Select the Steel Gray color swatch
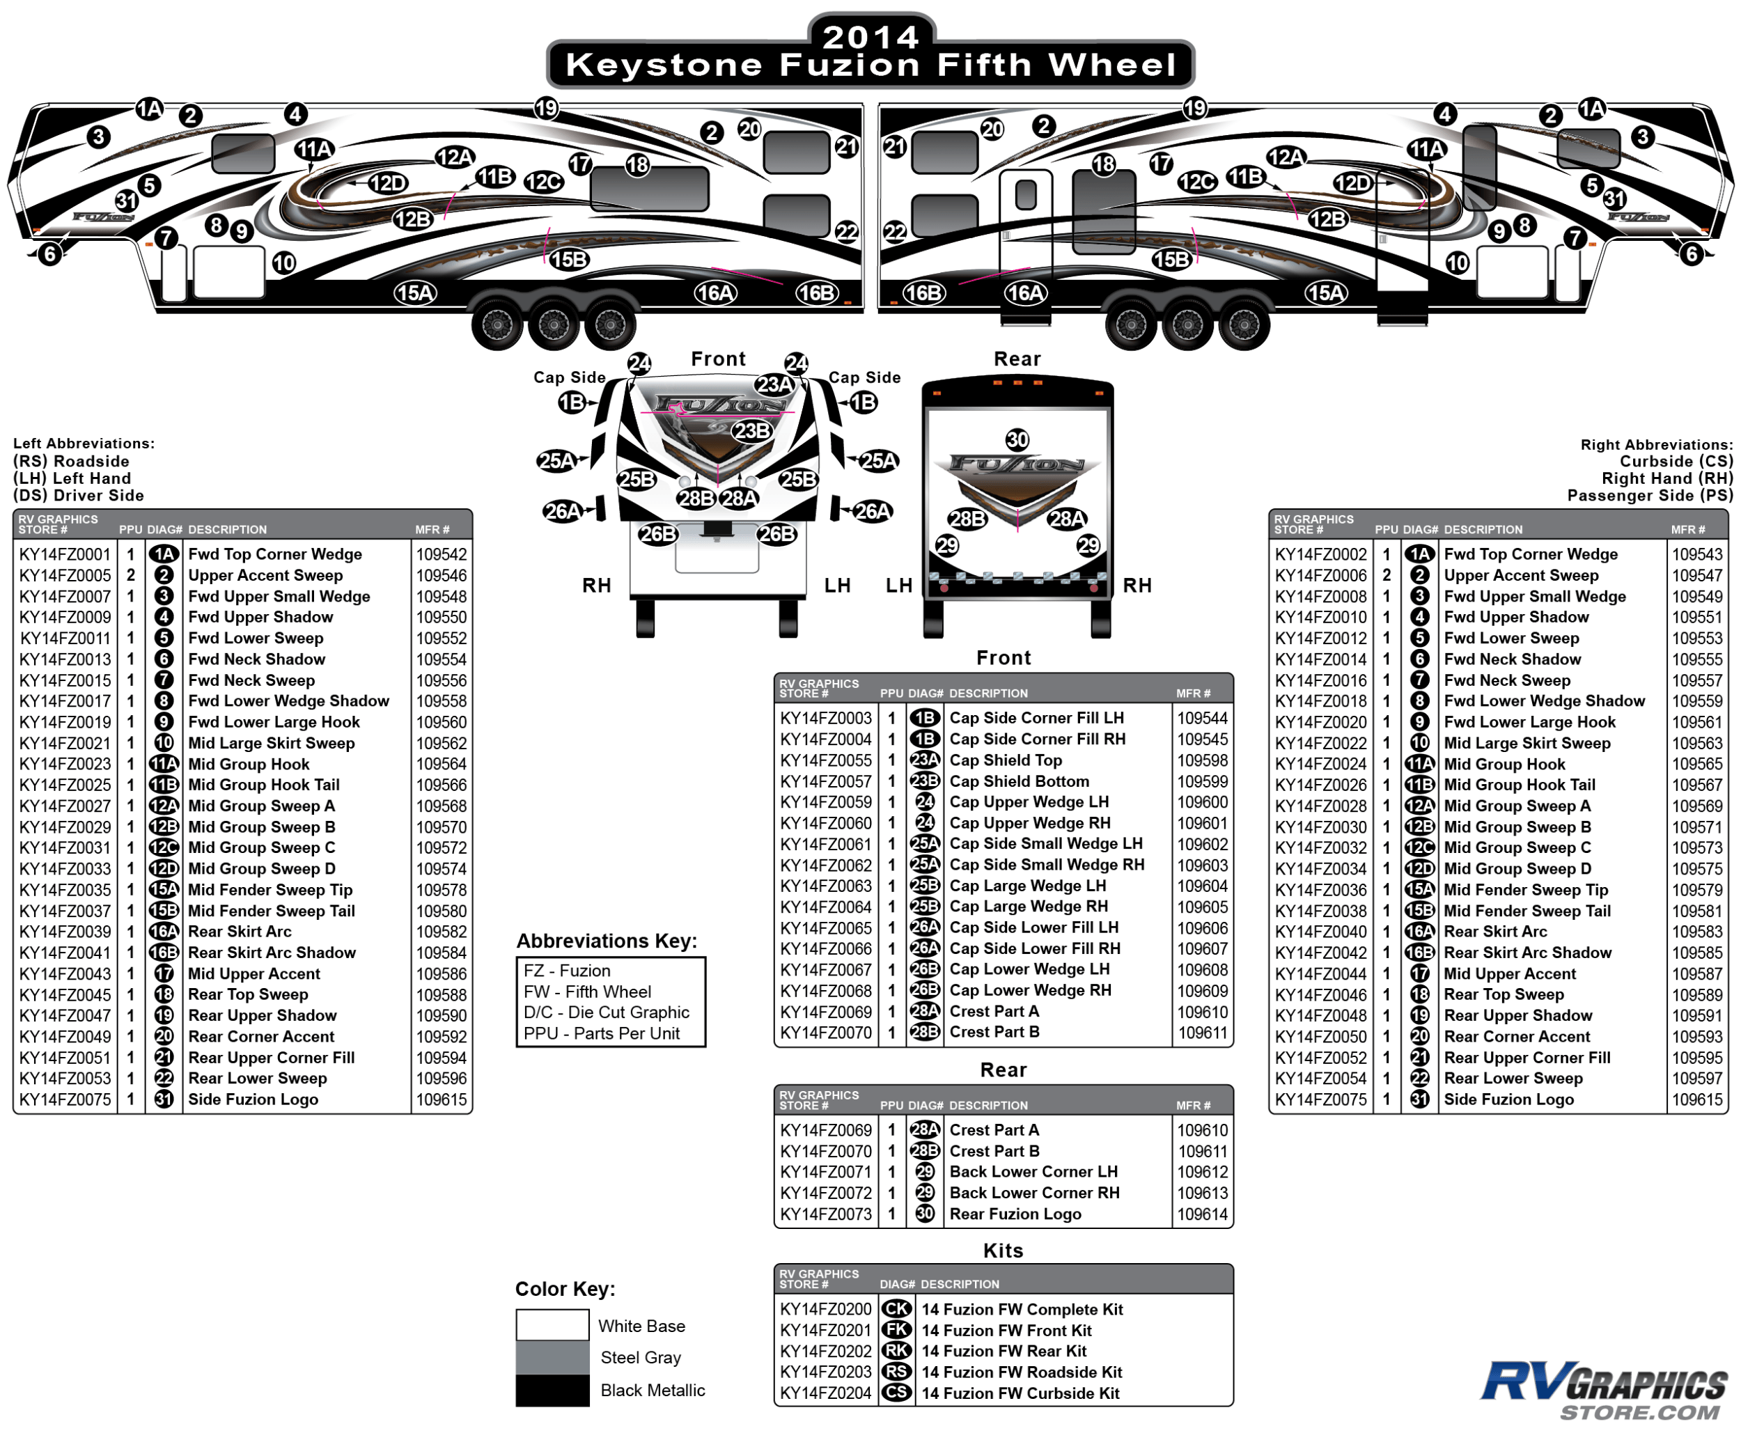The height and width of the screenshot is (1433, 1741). (552, 1357)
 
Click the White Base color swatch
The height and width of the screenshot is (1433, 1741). (552, 1325)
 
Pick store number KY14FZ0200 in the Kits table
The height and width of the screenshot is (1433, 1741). (825, 1309)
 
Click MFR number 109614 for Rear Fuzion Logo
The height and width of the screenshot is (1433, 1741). (1202, 1214)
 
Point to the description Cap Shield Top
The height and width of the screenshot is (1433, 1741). (1006, 760)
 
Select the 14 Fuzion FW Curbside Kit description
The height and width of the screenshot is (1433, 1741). (1020, 1393)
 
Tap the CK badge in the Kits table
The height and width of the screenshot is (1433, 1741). (896, 1309)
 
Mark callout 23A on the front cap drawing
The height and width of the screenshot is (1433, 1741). (774, 384)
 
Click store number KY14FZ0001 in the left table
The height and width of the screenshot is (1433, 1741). (64, 555)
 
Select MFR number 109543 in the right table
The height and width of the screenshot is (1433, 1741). (1696, 555)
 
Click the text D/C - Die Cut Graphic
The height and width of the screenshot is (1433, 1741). (607, 1013)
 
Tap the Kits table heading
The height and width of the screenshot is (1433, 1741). (1003, 1251)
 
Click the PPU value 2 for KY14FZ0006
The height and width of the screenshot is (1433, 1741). (1386, 575)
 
